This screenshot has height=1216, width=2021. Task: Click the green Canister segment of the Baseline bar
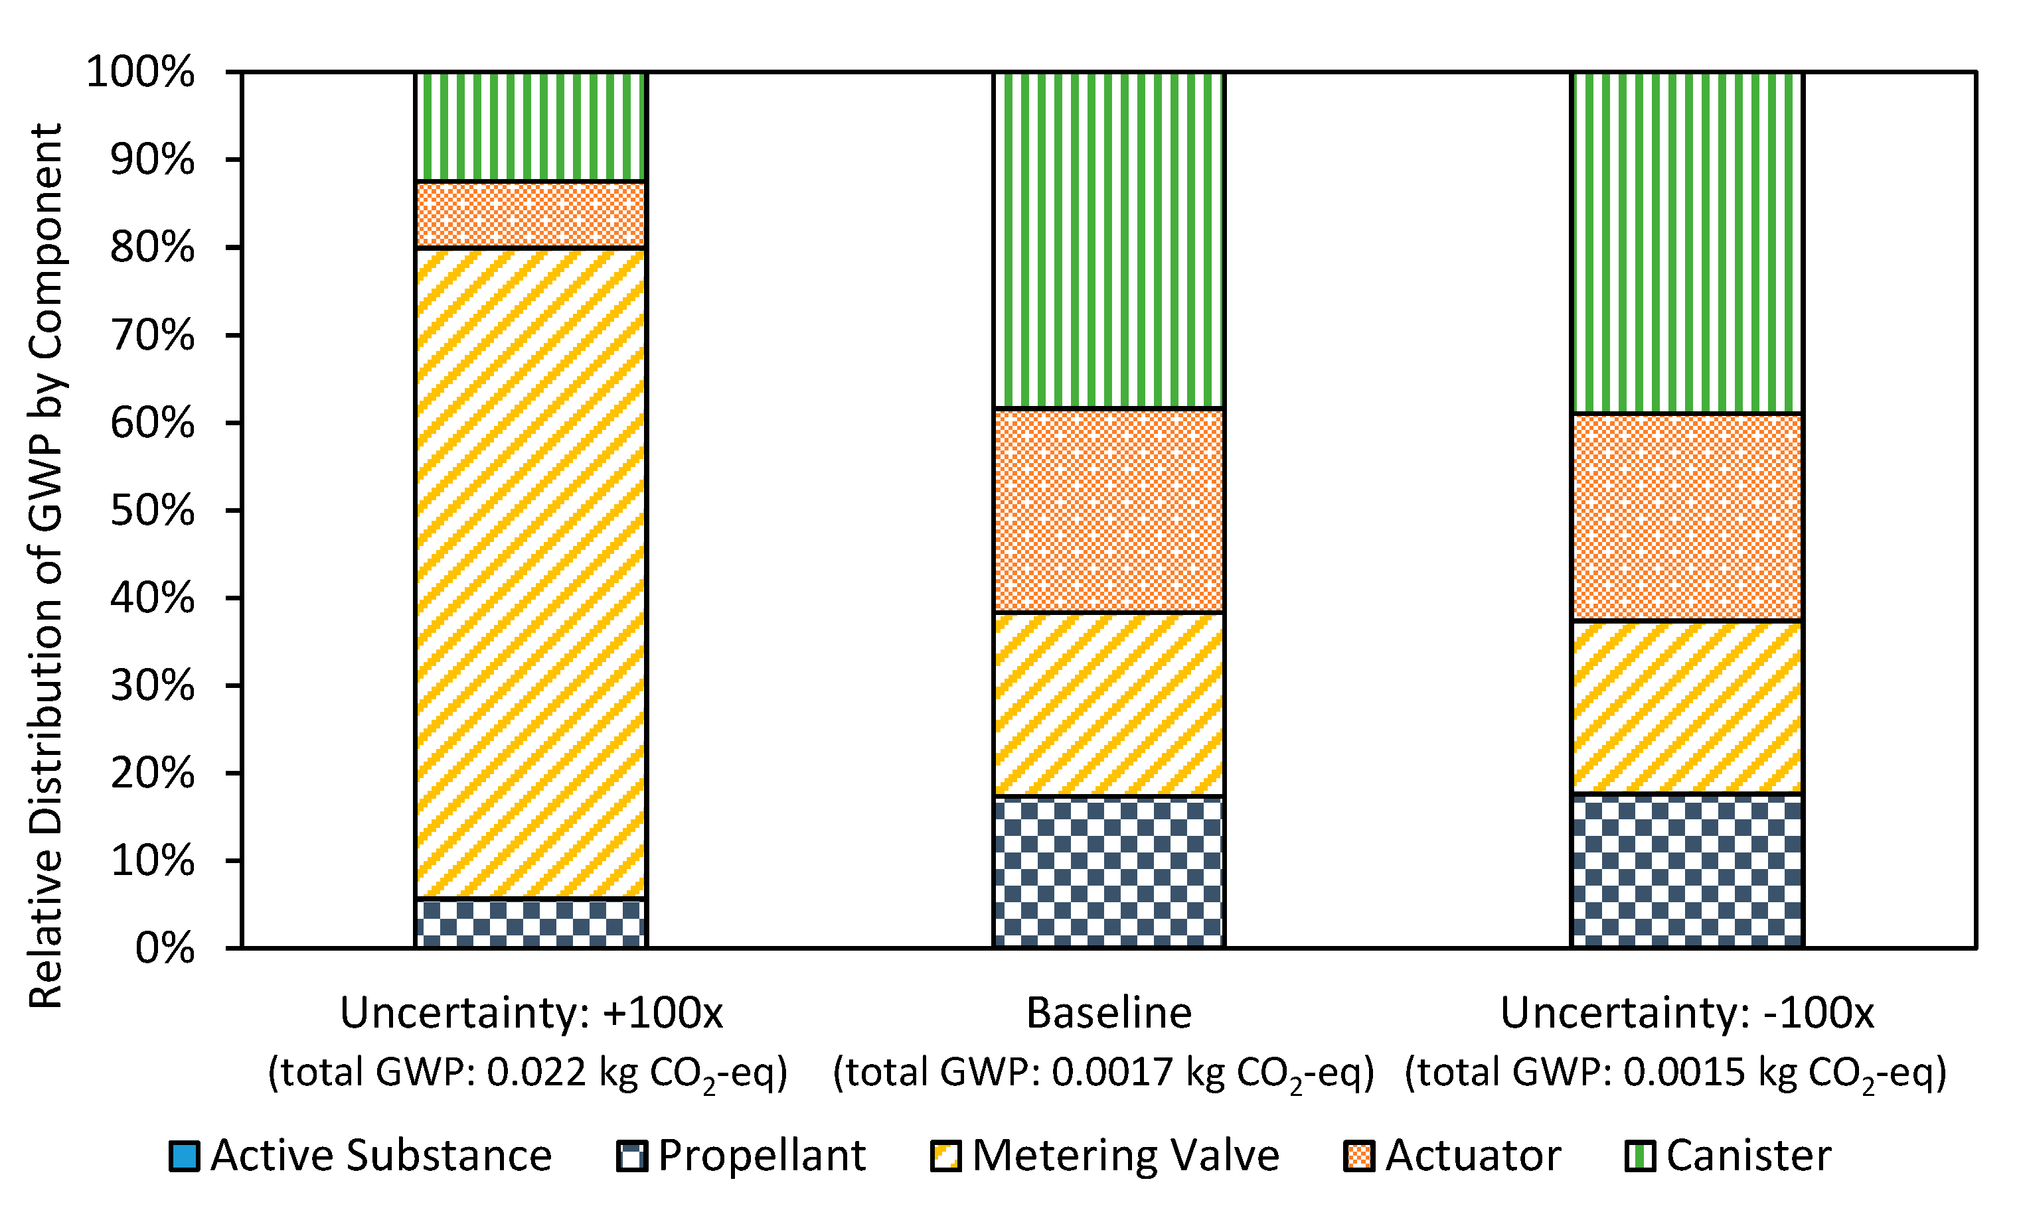click(1109, 239)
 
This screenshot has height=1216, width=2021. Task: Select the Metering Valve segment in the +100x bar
click(530, 572)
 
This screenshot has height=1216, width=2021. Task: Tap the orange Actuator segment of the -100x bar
click(1686, 517)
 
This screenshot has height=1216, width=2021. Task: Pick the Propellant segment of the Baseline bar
click(1109, 872)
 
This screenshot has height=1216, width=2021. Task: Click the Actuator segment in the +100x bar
click(530, 214)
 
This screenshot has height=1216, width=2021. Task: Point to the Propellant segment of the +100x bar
click(530, 923)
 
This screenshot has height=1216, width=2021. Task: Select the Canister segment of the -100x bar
click(1686, 243)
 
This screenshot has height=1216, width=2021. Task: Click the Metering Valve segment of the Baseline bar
click(1109, 704)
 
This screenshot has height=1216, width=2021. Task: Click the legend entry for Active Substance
click(361, 1156)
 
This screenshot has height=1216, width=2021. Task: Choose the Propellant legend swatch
click(632, 1156)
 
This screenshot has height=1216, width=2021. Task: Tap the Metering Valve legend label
click(1125, 1156)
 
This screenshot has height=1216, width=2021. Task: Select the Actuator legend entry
click(1452, 1156)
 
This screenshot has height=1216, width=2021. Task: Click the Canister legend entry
click(1728, 1156)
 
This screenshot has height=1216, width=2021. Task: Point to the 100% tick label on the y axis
click(140, 72)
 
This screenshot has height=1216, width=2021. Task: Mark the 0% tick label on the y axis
click(164, 949)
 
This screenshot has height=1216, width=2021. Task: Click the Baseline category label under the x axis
click(1109, 1013)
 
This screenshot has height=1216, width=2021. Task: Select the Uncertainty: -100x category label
click(1686, 1013)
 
